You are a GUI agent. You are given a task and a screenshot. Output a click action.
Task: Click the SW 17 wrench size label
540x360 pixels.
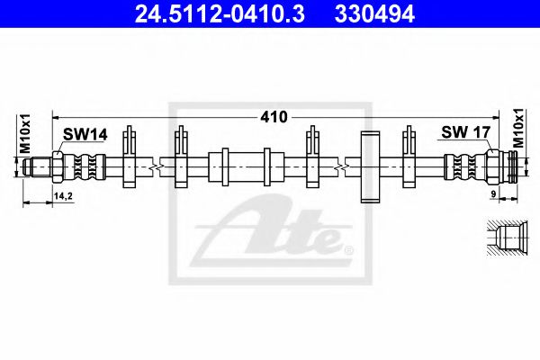pyautogui.click(x=464, y=133)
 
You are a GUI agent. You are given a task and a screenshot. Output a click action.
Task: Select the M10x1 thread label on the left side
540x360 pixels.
pyautogui.click(x=25, y=133)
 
